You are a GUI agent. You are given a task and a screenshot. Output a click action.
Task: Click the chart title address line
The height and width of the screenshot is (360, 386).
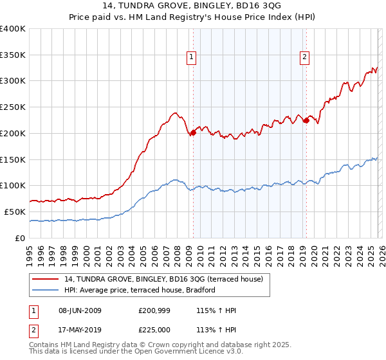193,6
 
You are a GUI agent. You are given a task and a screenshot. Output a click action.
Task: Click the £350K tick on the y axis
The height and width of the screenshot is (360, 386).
13,55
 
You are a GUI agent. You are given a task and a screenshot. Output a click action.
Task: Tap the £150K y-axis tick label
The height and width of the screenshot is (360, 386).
13,159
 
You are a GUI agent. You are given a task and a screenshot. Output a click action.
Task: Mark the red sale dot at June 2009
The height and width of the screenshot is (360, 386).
193,132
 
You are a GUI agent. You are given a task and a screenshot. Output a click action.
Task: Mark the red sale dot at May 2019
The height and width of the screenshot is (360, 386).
306,120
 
